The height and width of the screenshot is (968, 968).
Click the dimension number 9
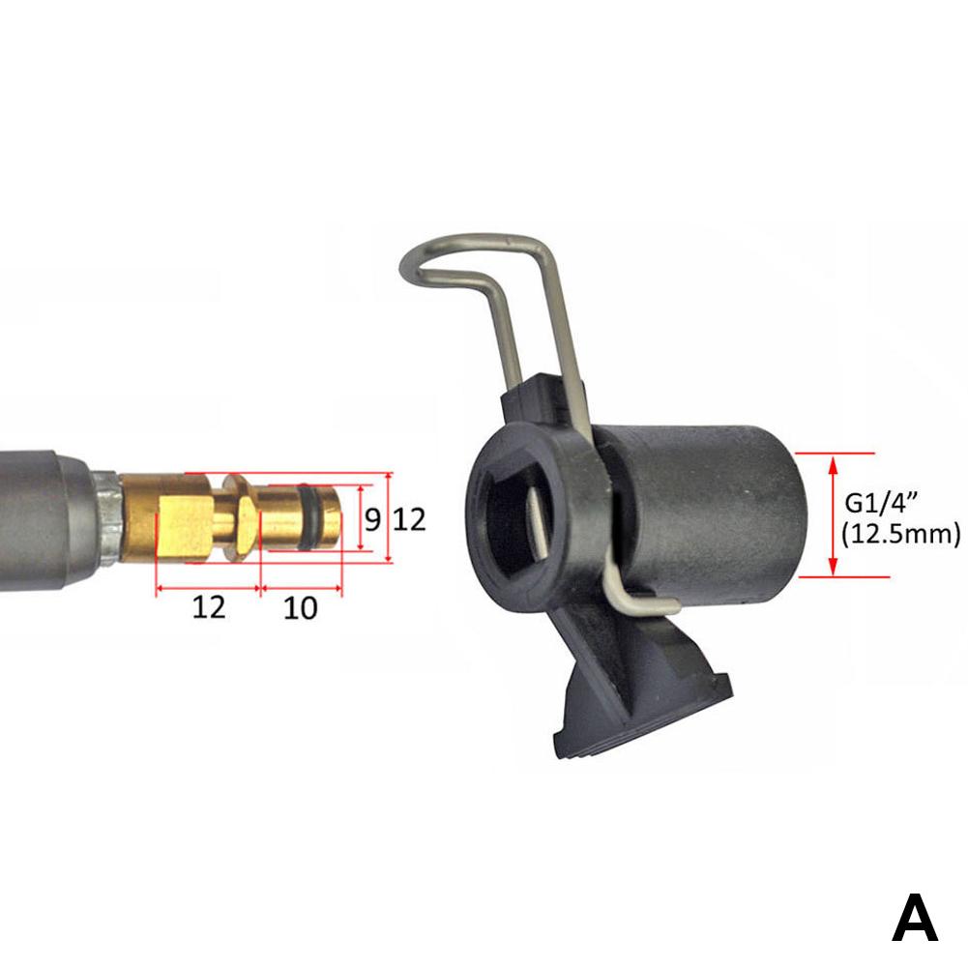(372, 519)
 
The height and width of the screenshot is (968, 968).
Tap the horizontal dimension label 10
(300, 608)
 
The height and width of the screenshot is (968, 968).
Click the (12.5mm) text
(900, 534)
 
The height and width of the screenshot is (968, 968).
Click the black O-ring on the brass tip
(306, 516)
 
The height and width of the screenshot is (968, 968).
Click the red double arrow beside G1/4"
(833, 515)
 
